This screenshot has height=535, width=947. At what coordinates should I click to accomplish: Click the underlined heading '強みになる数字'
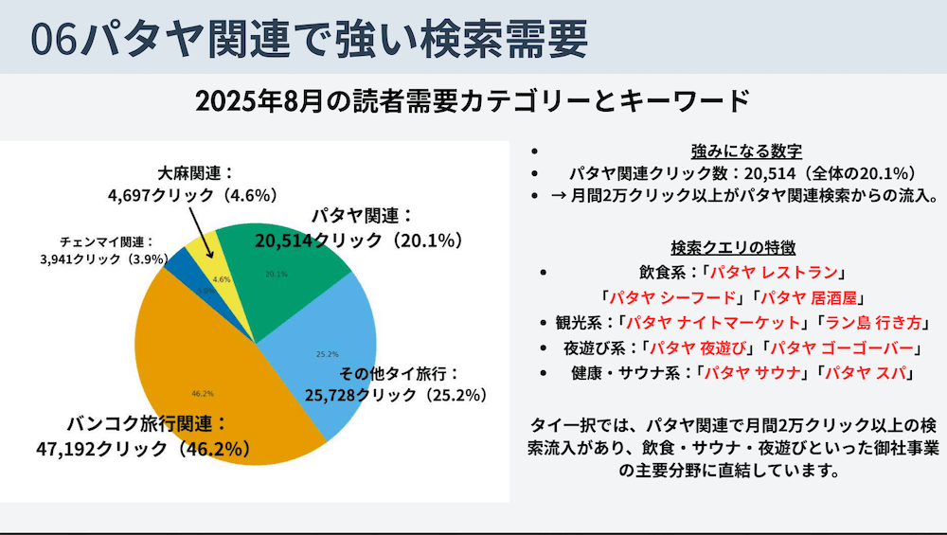pos(747,152)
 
